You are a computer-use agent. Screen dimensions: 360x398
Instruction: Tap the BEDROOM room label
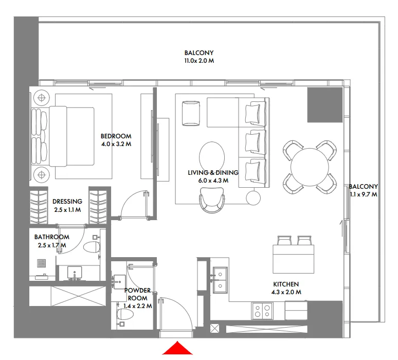pos(116,136)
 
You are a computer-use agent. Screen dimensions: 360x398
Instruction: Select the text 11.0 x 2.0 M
pos(199,61)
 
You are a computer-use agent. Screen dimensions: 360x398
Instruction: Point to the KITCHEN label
pos(286,284)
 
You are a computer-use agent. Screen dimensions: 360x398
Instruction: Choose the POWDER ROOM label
pos(138,294)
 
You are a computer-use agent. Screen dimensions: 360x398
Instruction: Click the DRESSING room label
pos(67,202)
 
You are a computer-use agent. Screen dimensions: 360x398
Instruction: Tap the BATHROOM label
pos(51,237)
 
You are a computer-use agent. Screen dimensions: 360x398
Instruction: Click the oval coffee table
pos(211,155)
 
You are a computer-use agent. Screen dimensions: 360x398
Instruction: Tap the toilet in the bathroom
pos(93,247)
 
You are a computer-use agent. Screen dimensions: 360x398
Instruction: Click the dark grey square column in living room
pos(324,105)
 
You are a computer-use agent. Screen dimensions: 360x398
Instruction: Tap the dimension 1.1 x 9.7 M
pos(363,195)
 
